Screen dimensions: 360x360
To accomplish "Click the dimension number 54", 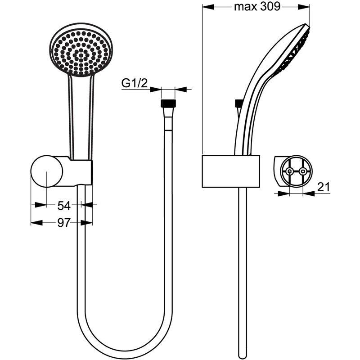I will [64, 206].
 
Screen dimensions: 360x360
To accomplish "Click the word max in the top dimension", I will [243, 7].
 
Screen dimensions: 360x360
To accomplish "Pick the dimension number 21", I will [324, 186].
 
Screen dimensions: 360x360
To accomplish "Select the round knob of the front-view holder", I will [46, 171].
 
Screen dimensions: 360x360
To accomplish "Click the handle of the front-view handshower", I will [81, 117].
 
